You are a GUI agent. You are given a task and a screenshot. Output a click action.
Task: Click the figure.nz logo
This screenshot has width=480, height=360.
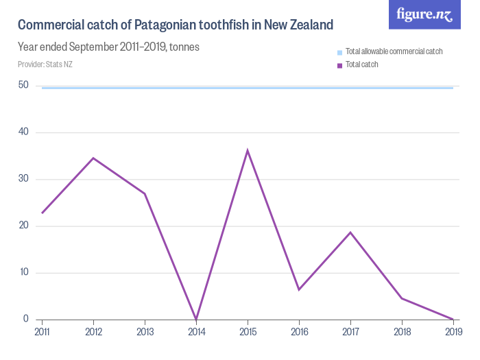point(424,15)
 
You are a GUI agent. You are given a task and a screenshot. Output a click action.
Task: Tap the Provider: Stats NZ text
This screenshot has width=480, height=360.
point(45,64)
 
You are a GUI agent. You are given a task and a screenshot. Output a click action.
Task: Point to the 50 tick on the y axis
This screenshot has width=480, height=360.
point(24,85)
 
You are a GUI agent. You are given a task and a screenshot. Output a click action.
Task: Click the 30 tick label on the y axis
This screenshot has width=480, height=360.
point(24,179)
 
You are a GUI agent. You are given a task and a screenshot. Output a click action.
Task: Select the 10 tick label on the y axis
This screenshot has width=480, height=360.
point(24,272)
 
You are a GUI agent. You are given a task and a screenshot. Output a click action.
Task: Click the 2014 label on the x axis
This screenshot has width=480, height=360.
point(196,331)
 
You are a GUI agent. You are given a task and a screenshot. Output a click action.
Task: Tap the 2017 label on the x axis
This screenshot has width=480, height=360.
point(350,331)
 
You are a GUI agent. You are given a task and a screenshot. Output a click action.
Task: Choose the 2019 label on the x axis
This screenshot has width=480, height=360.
point(453,331)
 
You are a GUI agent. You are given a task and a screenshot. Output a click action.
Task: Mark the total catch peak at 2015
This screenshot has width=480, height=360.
point(248,150)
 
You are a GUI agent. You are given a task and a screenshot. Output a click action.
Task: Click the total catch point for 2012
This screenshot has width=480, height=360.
point(93,158)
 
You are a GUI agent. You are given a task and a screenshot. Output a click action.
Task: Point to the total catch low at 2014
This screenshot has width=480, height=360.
point(196,319)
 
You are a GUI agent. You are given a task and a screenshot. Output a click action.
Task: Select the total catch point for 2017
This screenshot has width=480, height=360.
point(350,232)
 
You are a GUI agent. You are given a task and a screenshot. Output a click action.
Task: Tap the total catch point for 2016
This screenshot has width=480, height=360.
point(299,289)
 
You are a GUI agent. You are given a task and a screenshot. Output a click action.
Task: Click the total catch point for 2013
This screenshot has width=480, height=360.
point(145,194)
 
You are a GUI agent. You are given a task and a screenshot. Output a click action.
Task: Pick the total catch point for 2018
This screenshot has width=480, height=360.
point(402,298)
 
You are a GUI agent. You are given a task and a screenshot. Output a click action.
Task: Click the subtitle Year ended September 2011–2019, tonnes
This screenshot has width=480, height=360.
point(108,48)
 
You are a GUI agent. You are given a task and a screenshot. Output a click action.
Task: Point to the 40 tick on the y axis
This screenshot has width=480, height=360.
point(24,132)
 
